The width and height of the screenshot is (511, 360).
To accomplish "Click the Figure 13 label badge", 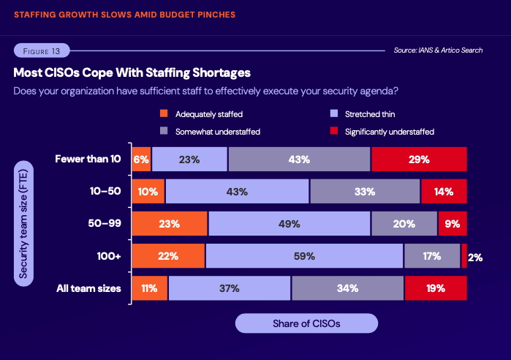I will point(41,50).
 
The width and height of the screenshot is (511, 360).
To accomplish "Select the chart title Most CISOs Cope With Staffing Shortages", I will point(132,73).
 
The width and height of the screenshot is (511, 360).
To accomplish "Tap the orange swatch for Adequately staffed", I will point(164,114).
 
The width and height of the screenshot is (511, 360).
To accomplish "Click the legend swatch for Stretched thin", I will point(334,114).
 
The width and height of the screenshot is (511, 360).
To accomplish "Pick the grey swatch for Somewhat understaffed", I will point(164,132).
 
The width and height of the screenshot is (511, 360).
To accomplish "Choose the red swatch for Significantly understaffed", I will point(334,132).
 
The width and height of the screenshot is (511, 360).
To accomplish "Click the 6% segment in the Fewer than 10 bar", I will point(141,159).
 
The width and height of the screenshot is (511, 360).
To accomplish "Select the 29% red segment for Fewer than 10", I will point(419,159).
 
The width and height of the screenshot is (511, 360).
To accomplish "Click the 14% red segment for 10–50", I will point(444,192).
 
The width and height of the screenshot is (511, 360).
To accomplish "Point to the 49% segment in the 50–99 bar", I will point(289,224).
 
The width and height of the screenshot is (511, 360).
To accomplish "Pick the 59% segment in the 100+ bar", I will point(304,256).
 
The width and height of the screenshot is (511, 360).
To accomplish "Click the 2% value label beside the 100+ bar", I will point(475,257).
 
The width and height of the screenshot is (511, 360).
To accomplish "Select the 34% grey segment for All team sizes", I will point(347,288).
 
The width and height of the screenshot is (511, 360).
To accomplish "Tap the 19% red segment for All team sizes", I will point(436,288).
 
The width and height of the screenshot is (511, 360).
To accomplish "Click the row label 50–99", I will point(105,224).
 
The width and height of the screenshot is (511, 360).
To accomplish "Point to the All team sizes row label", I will point(88,288).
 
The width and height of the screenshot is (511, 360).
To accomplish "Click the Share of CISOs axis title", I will point(306,323).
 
